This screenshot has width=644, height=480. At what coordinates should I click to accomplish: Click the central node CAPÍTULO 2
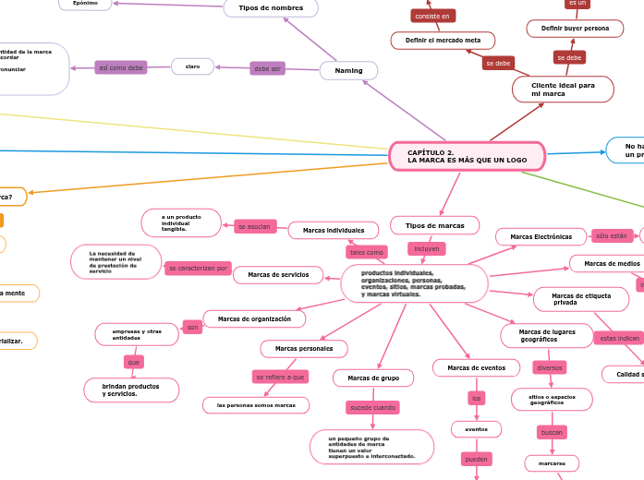pyautogui.click(x=467, y=156)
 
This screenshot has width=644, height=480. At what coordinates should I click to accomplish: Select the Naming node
pyautogui.click(x=348, y=70)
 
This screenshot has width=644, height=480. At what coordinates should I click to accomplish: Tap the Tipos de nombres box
pyautogui.click(x=271, y=7)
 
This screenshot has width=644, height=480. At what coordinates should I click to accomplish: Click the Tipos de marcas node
pyautogui.click(x=435, y=225)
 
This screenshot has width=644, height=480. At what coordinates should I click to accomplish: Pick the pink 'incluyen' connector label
pyautogui.click(x=426, y=248)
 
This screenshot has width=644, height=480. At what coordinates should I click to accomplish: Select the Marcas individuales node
pyautogui.click(x=333, y=230)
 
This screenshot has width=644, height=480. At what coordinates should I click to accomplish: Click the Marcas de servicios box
pyautogui.click(x=278, y=274)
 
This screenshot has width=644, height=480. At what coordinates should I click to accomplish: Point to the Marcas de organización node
pyautogui.click(x=254, y=318)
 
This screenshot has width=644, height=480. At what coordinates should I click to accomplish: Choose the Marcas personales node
pyautogui.click(x=304, y=348)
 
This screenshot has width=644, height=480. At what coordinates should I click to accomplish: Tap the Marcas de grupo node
pyautogui.click(x=372, y=378)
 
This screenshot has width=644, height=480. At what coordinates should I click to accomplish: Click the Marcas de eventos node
pyautogui.click(x=476, y=367)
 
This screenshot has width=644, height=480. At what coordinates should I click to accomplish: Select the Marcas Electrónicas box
pyautogui.click(x=541, y=236)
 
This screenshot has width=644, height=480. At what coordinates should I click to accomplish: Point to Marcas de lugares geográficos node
pyautogui.click(x=546, y=335)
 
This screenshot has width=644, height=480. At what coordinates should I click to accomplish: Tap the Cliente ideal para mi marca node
pyautogui.click(x=563, y=89)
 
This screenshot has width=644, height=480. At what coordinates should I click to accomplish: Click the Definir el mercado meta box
pyautogui.click(x=443, y=41)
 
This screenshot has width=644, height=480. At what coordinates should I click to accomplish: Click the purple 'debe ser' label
pyautogui.click(x=267, y=68)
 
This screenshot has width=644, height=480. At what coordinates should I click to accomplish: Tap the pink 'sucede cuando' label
pyautogui.click(x=372, y=407)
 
